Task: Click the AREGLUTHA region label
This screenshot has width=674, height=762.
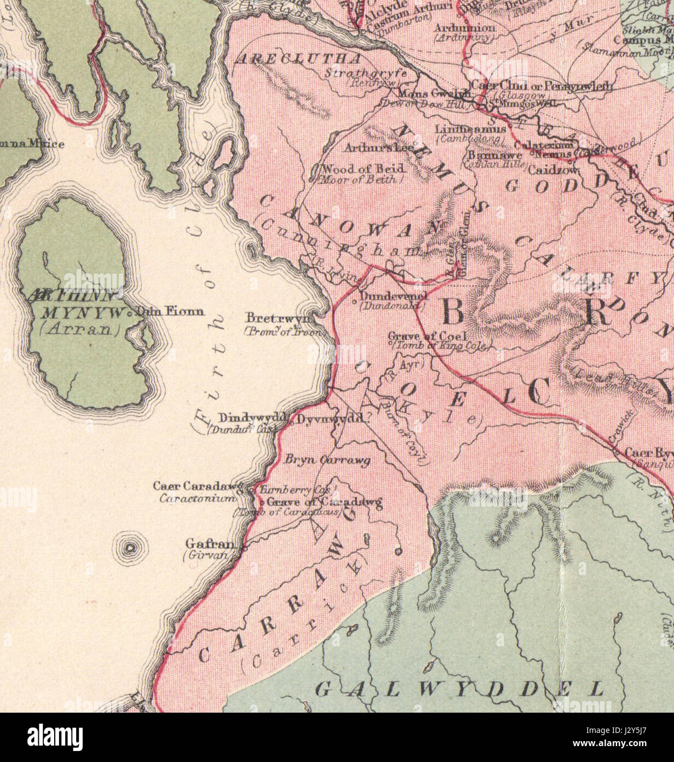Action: click(298, 59)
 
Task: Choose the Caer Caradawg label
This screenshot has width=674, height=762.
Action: click(198, 486)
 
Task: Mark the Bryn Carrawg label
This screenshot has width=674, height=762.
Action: click(327, 460)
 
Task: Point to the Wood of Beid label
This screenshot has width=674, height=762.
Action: click(364, 168)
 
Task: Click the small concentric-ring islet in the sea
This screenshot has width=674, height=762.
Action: click(130, 547)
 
